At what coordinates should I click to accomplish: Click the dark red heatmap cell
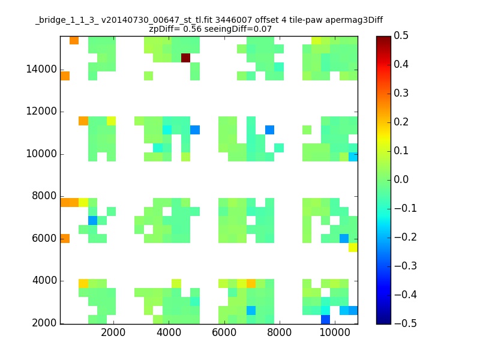(185, 58)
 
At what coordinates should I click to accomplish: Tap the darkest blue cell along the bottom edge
(325, 319)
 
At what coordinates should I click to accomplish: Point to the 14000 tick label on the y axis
(41, 69)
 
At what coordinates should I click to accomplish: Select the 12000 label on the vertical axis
(41, 111)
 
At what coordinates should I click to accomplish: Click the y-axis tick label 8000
(44, 196)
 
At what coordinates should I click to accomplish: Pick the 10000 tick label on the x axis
(335, 332)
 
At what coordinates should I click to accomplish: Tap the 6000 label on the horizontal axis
(224, 332)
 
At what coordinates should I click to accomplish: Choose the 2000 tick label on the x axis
(113, 332)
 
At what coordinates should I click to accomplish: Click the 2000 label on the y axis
(44, 323)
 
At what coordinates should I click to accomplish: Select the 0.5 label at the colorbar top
(401, 35)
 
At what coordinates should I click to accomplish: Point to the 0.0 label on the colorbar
(401, 179)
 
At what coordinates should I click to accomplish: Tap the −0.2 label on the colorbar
(406, 237)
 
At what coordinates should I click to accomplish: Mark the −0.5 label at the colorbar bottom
(406, 323)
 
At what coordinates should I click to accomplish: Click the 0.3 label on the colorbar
(401, 93)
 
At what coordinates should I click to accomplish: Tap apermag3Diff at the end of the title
(354, 21)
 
